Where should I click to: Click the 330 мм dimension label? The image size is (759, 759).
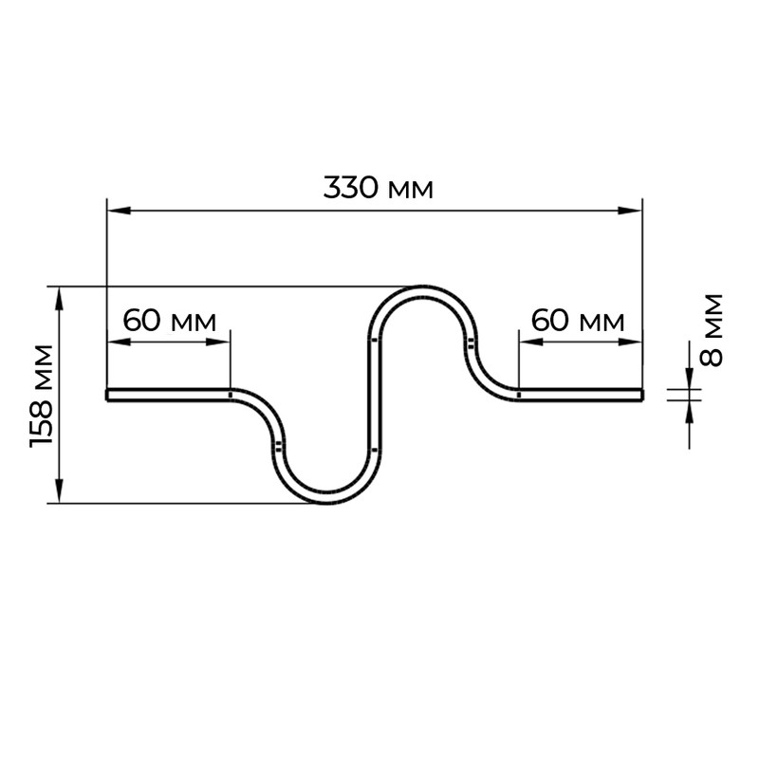click(378, 188)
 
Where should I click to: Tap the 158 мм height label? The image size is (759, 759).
click(41, 396)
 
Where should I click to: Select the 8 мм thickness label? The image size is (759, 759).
click(711, 330)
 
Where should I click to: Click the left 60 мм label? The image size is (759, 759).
click(170, 321)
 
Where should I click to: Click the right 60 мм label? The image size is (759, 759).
click(578, 321)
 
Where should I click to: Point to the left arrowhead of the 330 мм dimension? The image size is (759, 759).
click(119, 211)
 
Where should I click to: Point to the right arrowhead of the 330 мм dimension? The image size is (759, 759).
click(630, 211)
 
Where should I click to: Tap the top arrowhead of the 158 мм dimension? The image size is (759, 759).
click(59, 299)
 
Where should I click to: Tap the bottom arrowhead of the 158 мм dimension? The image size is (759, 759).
click(59, 491)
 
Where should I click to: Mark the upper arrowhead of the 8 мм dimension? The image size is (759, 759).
click(690, 378)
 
